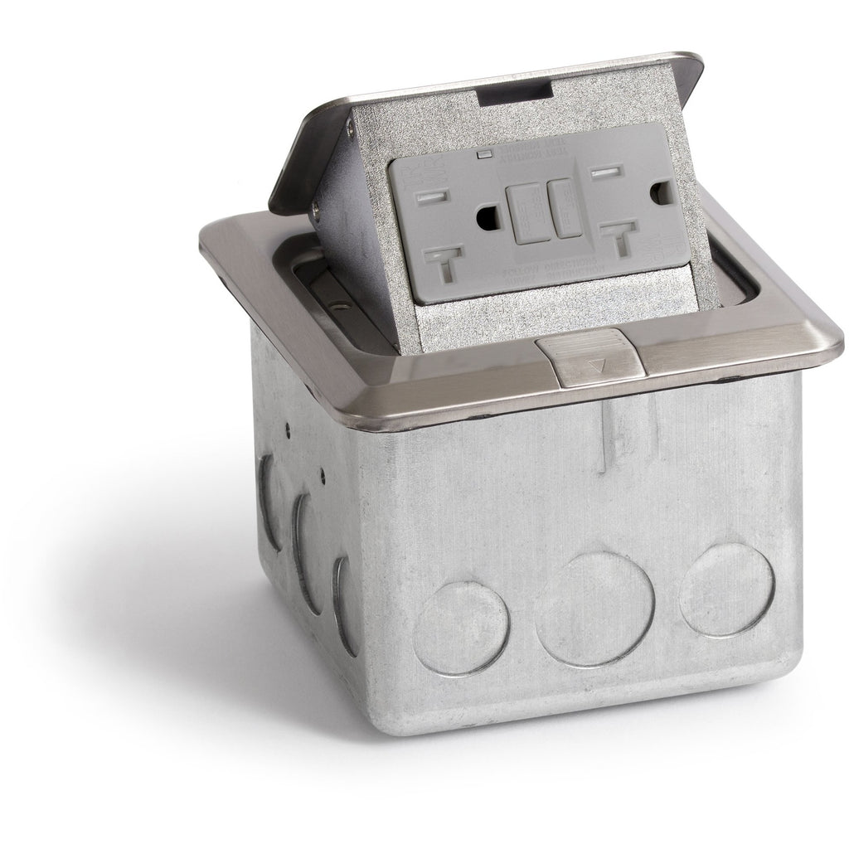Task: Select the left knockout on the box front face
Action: click(462, 626)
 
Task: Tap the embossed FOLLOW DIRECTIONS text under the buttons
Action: click(547, 265)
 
